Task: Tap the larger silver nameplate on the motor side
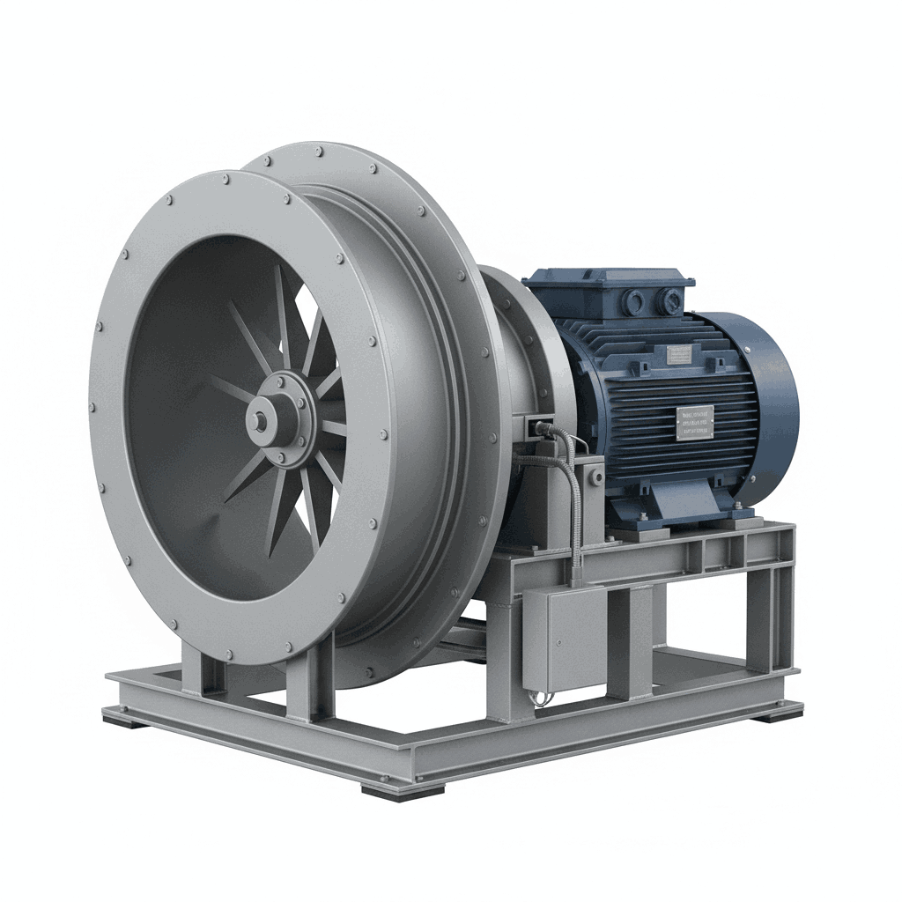(x=695, y=422)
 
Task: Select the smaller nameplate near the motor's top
(x=679, y=354)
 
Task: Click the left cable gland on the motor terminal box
(x=632, y=301)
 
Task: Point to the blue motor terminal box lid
(x=609, y=279)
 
